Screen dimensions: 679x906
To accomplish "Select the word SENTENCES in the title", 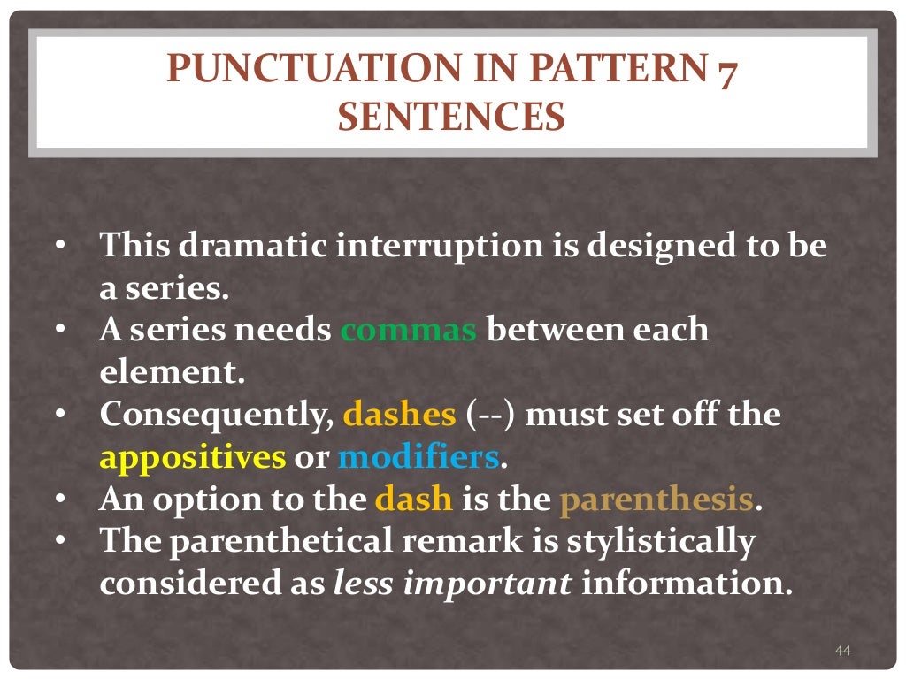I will point(451,117).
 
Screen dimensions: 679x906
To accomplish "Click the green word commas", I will point(409,331).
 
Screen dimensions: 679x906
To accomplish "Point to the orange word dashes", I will point(399,414).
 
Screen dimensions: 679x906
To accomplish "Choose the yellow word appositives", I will point(193,457).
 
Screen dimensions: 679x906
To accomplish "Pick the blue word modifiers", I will point(418,457).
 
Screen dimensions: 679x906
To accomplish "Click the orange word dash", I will point(414,500).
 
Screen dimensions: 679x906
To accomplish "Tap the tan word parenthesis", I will point(656,500).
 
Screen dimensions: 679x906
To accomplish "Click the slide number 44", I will point(842,652).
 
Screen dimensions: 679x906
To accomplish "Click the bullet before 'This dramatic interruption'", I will point(60,245).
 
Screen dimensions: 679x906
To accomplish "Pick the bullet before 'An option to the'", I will point(60,500).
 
